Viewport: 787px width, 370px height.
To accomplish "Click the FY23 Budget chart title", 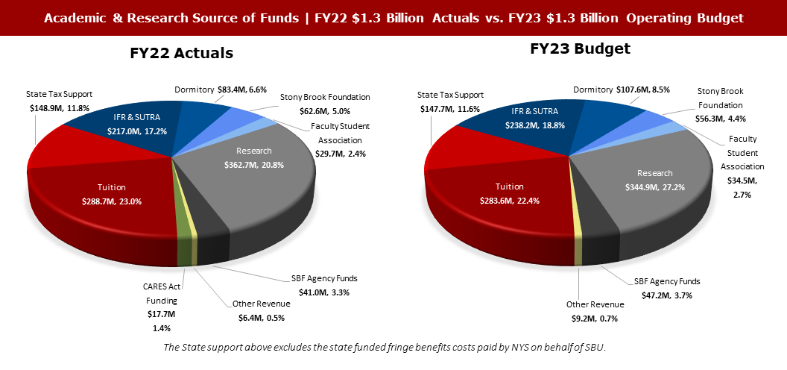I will (x=581, y=49).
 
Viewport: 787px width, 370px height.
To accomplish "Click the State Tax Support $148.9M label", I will (x=60, y=101).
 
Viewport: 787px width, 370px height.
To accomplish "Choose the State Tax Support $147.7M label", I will (x=450, y=102).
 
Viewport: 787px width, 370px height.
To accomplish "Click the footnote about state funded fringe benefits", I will (x=393, y=349).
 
